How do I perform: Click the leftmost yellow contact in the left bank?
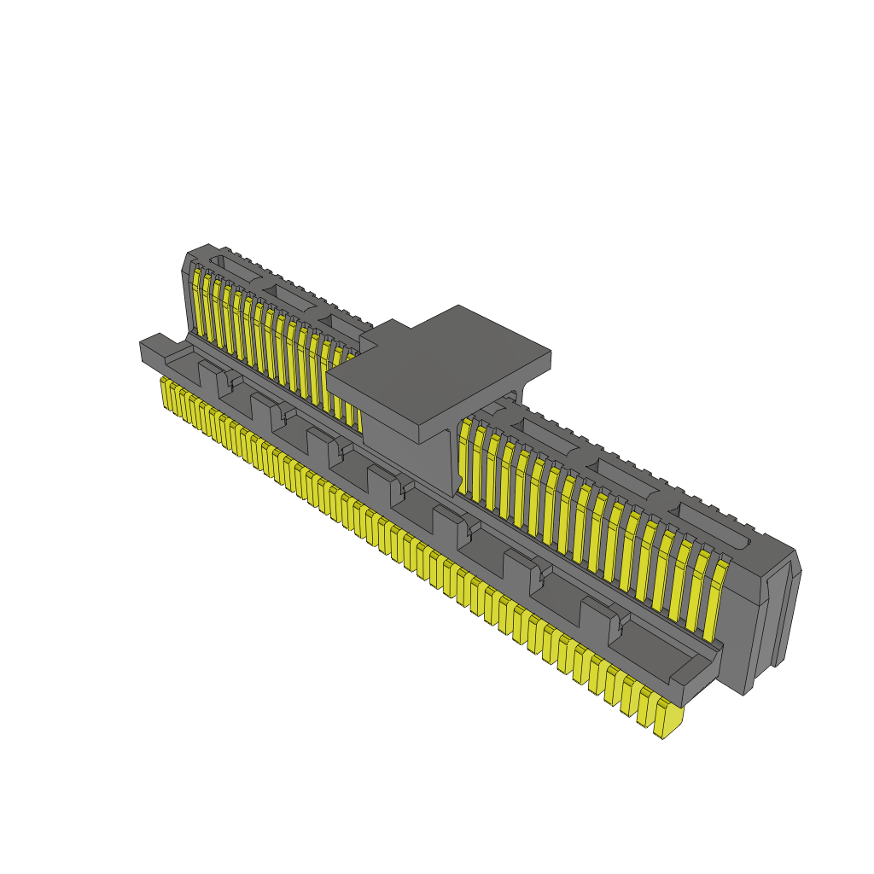click(196, 302)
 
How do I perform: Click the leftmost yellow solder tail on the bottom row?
click(166, 393)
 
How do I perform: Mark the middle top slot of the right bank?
click(628, 477)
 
